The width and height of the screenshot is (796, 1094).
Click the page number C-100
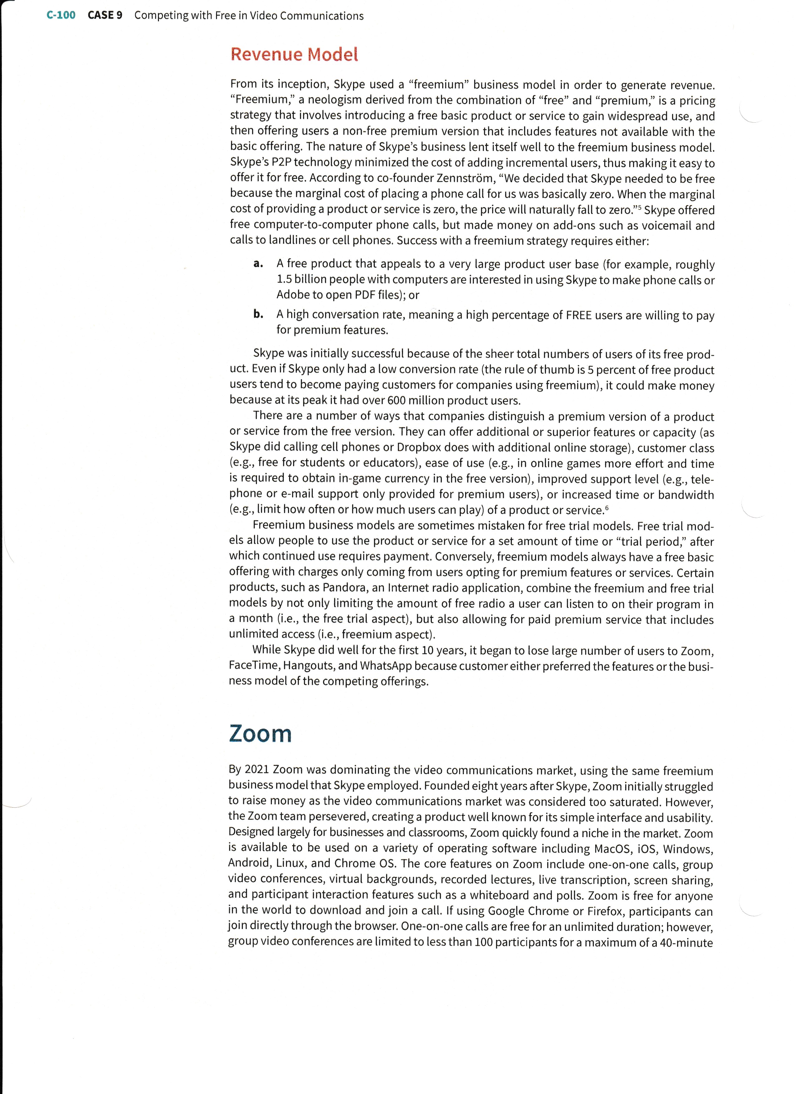click(61, 15)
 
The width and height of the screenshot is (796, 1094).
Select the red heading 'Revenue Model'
click(294, 54)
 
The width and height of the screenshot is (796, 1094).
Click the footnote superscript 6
click(607, 507)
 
